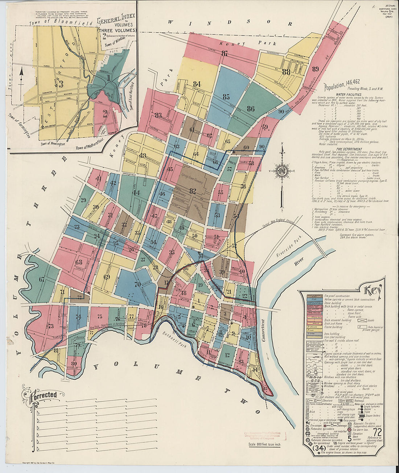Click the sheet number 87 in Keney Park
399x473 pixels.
click(x=225, y=54)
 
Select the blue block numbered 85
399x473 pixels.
click(x=226, y=97)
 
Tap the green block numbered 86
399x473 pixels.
click(x=250, y=108)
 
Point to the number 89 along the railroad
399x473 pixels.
click(x=315, y=69)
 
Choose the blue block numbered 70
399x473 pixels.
click(x=137, y=285)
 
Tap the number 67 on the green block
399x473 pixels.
click(x=42, y=279)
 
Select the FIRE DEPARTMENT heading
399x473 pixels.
click(x=349, y=149)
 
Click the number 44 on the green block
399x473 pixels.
click(x=136, y=193)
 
